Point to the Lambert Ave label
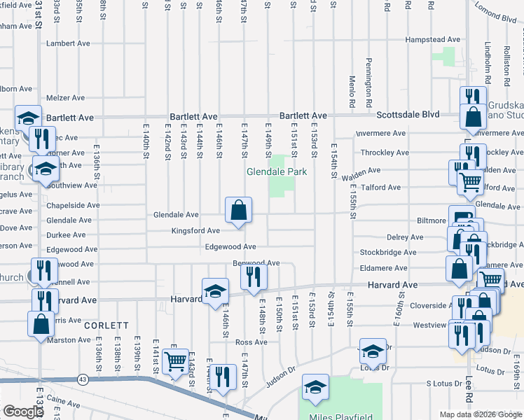coord(68,43)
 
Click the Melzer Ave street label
coord(65,98)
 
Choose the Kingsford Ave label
coord(196,230)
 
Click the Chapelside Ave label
coord(73,206)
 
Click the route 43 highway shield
coord(83,379)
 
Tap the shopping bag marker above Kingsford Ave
coord(238,209)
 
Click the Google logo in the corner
coord(23,412)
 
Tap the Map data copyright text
coord(479,414)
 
